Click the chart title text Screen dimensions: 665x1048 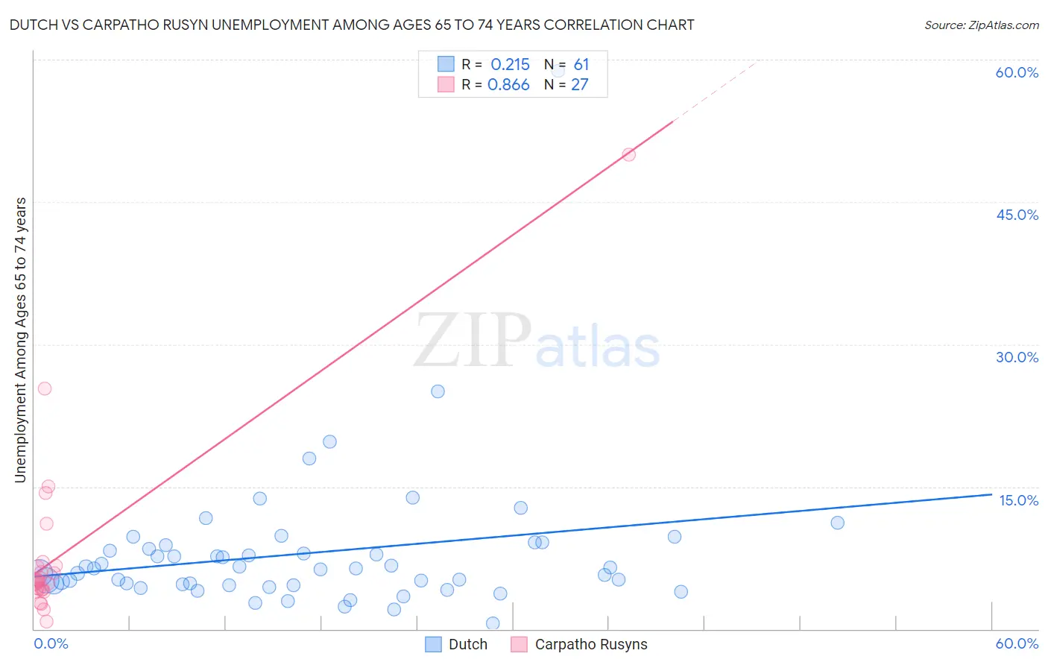tap(351, 25)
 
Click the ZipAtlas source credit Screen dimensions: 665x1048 tap(981, 25)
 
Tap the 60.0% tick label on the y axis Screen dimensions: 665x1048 tap(1017, 72)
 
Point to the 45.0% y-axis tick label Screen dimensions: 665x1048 tap(1017, 215)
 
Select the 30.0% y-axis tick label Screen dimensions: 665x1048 tap(1017, 357)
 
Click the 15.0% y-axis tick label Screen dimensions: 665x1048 tap(1018, 500)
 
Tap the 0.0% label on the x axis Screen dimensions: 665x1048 tap(51, 643)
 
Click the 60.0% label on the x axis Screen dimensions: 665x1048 tap(1017, 643)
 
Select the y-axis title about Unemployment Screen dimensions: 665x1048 tap(21, 339)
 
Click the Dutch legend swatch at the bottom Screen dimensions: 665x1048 tap(434, 644)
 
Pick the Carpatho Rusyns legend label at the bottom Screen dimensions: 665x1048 tap(591, 644)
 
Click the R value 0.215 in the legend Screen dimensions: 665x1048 tap(510, 65)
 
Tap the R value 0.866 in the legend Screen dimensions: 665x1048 tap(508, 85)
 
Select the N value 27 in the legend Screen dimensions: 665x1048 tap(580, 85)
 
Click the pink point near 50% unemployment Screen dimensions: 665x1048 tap(628, 154)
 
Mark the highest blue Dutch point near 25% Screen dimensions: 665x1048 tap(438, 391)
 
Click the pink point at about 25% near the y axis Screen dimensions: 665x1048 tap(45, 388)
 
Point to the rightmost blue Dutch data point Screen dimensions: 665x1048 tap(837, 523)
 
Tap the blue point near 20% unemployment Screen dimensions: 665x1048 tap(329, 441)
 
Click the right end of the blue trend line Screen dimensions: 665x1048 tap(991, 494)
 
